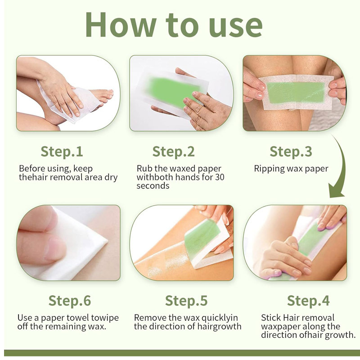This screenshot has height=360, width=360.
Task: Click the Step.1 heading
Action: pyautogui.click(x=62, y=152)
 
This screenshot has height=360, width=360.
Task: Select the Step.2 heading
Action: pyautogui.click(x=173, y=152)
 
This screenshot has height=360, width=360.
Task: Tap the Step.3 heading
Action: pyautogui.click(x=290, y=152)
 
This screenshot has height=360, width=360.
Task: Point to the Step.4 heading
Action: pyautogui.click(x=308, y=301)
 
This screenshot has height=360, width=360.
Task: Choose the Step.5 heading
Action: pyautogui.click(x=186, y=301)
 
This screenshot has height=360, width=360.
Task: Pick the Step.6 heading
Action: pyautogui.click(x=70, y=301)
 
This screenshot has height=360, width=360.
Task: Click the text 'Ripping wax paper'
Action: pyautogui.click(x=291, y=169)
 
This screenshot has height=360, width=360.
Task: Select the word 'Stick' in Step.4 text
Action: pyautogui.click(x=271, y=318)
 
